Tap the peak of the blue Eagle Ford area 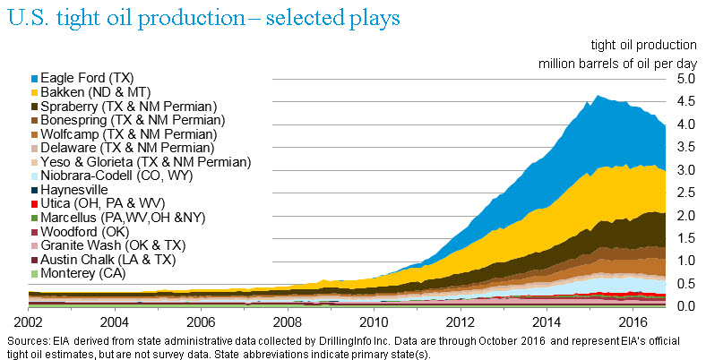point(598,97)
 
